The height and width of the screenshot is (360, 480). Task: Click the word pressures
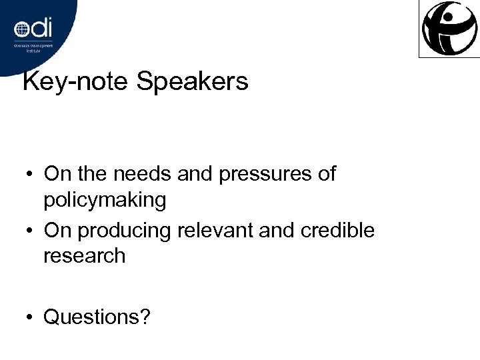(x=255, y=175)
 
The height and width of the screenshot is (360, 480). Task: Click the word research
(x=84, y=255)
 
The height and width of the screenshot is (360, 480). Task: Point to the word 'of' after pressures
(x=326, y=174)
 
